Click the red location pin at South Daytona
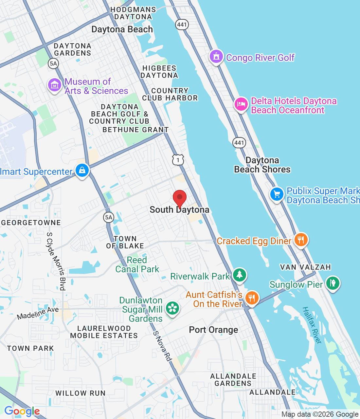[179, 198]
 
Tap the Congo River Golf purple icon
[216, 57]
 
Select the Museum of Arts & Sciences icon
[54, 85]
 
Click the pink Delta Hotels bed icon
[241, 104]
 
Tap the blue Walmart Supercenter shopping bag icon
[82, 170]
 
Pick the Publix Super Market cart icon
[277, 194]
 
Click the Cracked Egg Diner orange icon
[300, 240]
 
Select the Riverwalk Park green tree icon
[240, 275]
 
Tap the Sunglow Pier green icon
[333, 283]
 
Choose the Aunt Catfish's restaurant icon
[252, 298]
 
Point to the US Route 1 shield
[178, 160]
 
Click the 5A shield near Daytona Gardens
[53, 63]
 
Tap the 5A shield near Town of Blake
[109, 217]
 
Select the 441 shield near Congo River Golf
[182, 24]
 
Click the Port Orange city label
[213, 330]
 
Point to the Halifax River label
[312, 325]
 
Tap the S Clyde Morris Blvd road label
[56, 261]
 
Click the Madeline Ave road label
[38, 313]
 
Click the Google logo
[22, 411]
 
